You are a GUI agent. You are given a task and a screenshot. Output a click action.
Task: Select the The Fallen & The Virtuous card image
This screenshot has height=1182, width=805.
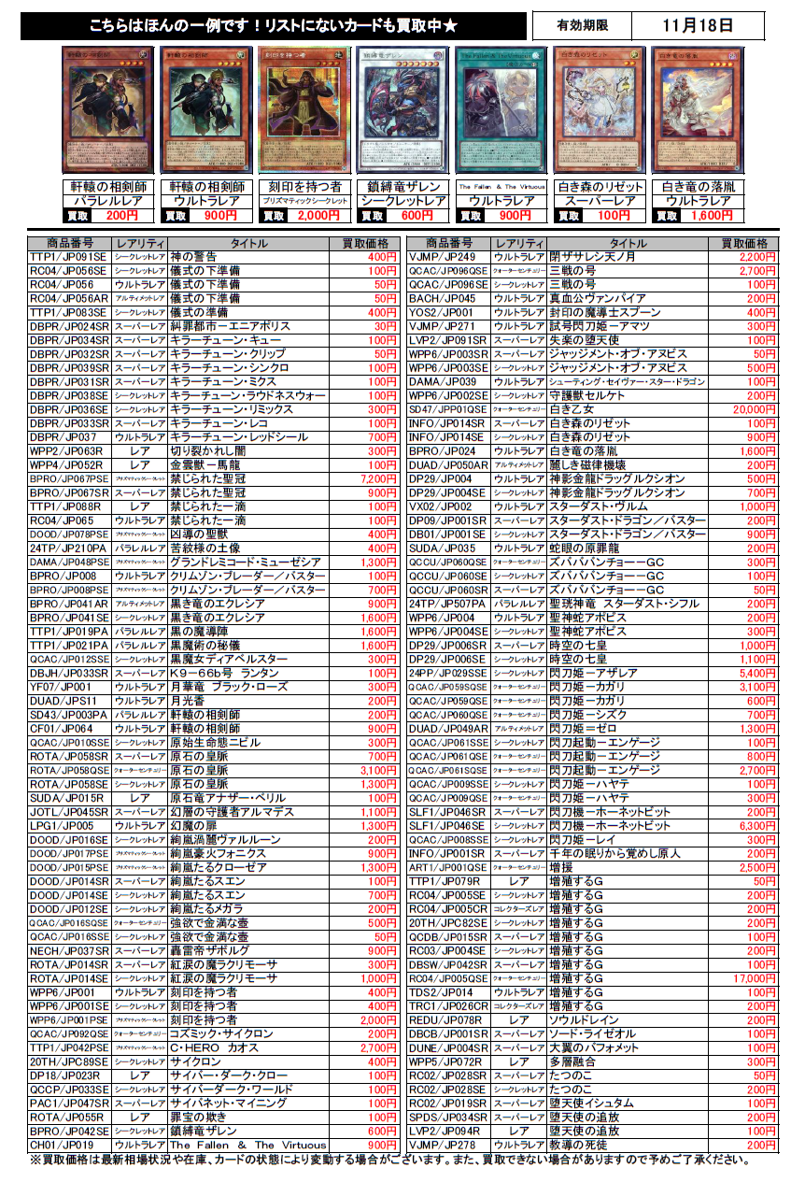pyautogui.click(x=500, y=109)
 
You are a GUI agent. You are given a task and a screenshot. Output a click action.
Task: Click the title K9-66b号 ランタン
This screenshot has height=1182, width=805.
pyautogui.click(x=224, y=673)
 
